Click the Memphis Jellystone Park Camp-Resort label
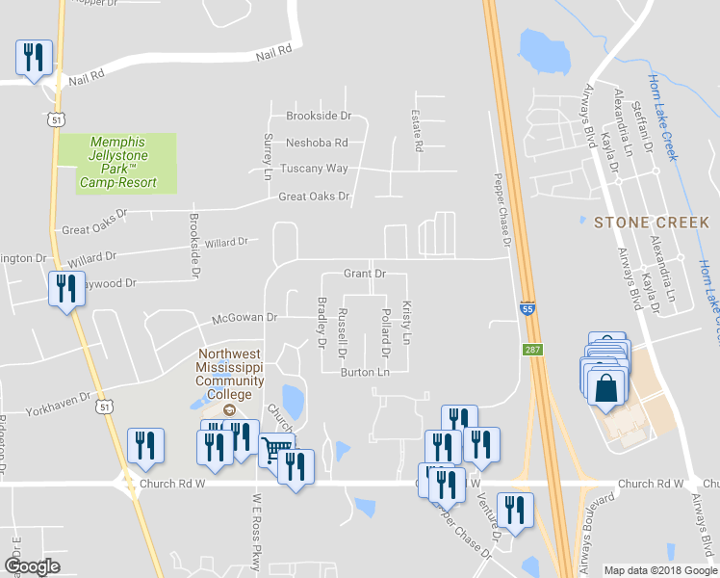point(117,162)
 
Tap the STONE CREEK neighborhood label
point(652,223)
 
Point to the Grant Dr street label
point(365,275)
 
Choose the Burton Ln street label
point(365,372)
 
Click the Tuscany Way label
point(314,169)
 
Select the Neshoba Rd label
point(316,143)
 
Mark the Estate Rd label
point(418,131)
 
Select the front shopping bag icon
point(606,388)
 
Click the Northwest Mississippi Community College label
point(229,374)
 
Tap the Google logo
point(32,566)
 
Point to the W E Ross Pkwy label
point(258,517)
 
